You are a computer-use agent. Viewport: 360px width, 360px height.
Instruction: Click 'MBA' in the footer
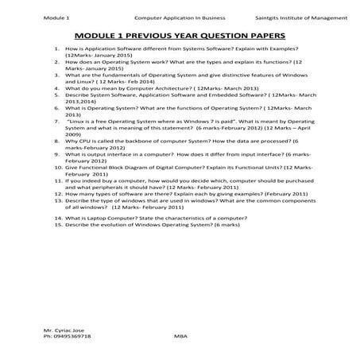[179, 337]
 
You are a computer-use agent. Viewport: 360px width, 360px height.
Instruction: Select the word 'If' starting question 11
[69, 182]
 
